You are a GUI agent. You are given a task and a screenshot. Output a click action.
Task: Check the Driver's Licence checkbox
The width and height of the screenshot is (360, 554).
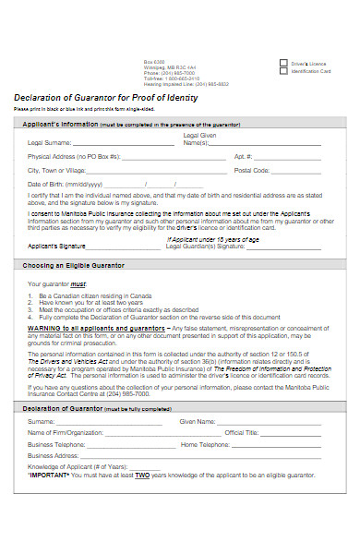coord(283,64)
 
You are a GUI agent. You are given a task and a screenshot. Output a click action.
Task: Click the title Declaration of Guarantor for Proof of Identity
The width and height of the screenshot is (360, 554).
coord(104,98)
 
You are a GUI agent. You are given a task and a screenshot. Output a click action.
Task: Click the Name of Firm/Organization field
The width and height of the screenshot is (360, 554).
coord(153,432)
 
